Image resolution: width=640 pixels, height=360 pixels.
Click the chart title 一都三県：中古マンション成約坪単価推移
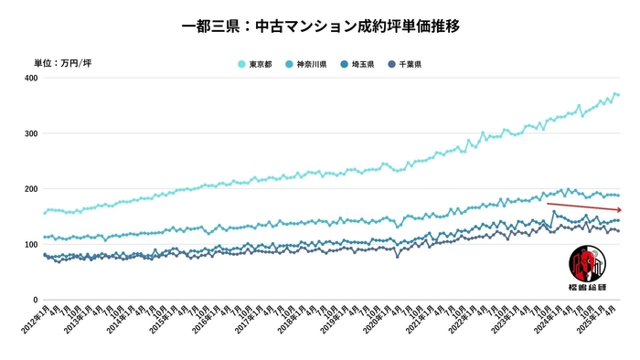[x=320, y=26]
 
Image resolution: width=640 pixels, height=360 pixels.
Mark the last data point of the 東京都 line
[x=618, y=95]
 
